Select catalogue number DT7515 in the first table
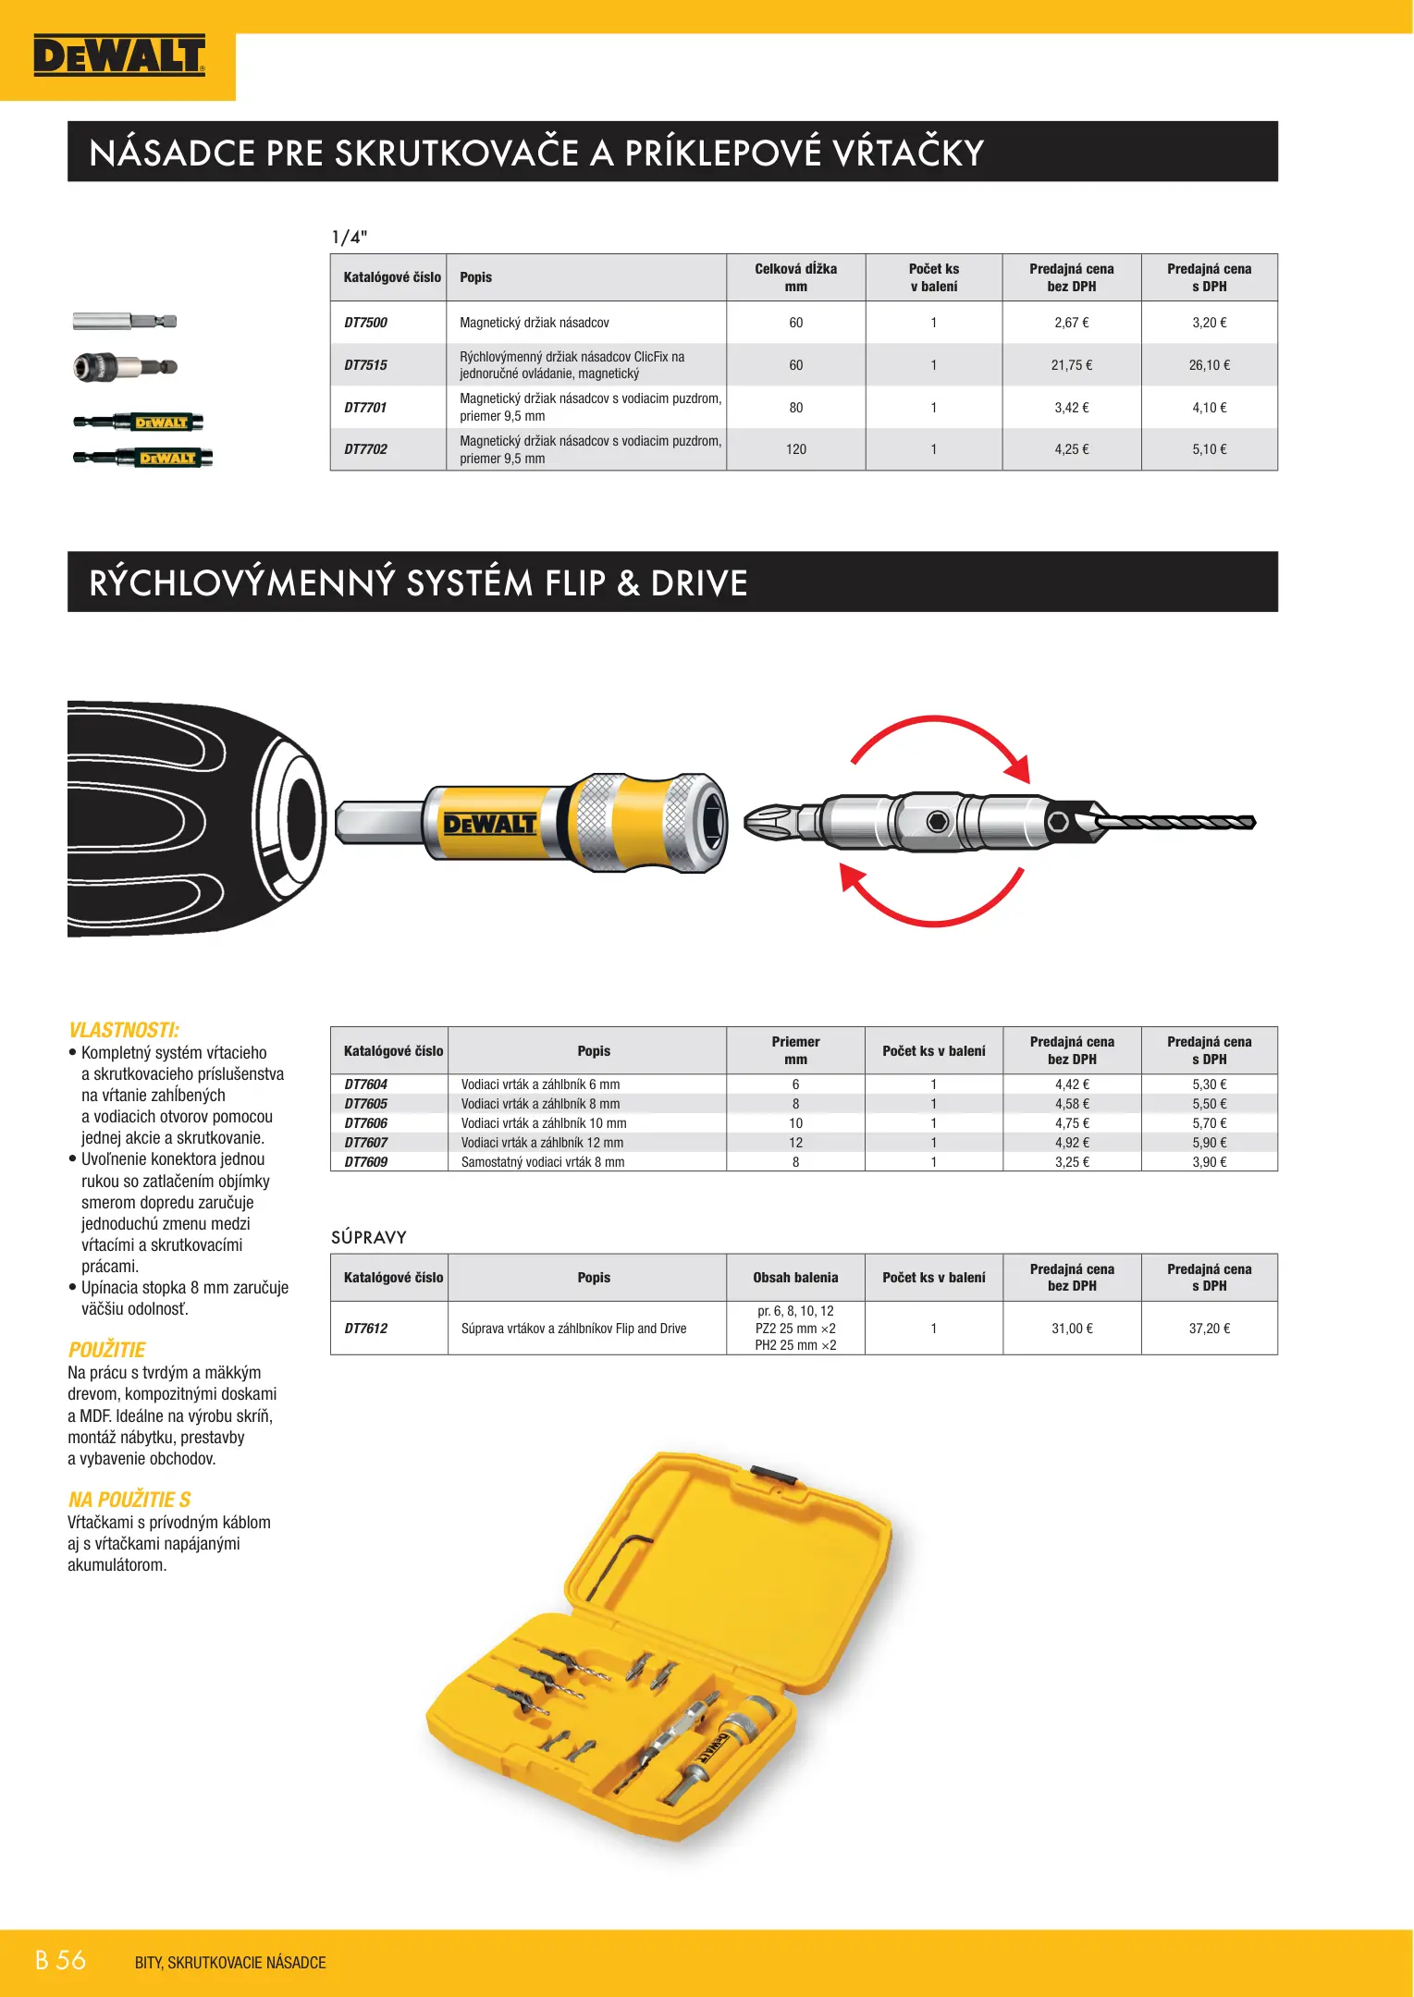tap(365, 365)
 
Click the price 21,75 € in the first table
tap(1071, 365)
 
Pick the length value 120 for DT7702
tap(795, 449)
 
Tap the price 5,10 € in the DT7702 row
tap(1209, 449)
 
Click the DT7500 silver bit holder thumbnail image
tap(125, 322)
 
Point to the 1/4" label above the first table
tap(350, 237)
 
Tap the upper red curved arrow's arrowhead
tap(1018, 769)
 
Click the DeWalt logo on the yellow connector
tap(490, 824)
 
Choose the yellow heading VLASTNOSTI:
tap(124, 1030)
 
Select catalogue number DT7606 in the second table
tap(365, 1123)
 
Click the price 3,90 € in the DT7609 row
tap(1209, 1162)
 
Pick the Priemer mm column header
tap(795, 1050)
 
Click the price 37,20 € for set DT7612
tap(1209, 1329)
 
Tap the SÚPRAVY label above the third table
tap(369, 1237)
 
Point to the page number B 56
tap(60, 1960)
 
